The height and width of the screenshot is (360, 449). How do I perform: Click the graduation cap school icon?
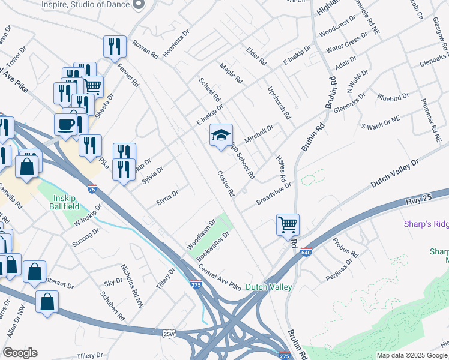click(x=220, y=136)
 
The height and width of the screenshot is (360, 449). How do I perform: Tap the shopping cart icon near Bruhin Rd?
click(x=288, y=225)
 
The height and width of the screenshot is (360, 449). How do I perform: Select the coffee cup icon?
click(x=65, y=125)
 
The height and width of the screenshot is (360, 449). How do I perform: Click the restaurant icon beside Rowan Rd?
click(x=114, y=46)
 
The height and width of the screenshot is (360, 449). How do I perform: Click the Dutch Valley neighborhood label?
click(x=268, y=287)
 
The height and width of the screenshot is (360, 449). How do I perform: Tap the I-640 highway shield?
click(x=306, y=252)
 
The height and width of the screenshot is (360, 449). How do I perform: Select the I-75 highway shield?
click(x=91, y=189)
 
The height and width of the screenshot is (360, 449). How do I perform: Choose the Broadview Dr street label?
click(x=273, y=194)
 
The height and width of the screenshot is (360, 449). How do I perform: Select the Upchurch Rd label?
click(x=279, y=101)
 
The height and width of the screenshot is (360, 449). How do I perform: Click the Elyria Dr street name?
click(x=167, y=198)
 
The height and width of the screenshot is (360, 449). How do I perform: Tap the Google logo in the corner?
click(x=20, y=353)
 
